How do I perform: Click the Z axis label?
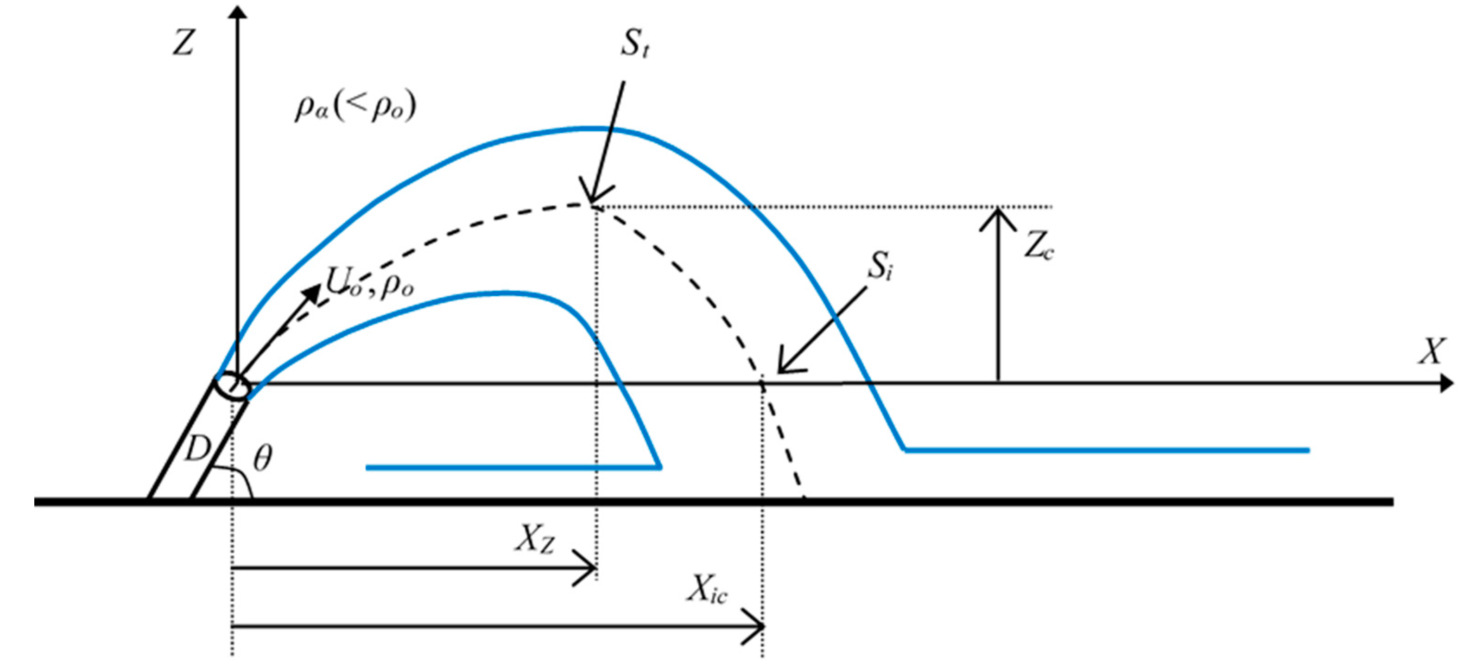(x=184, y=43)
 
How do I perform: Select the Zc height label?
(x=1038, y=247)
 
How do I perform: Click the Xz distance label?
(x=534, y=539)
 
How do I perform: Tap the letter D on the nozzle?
(x=197, y=450)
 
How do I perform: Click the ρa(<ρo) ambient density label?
(x=355, y=106)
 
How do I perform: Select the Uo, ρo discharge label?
(x=369, y=282)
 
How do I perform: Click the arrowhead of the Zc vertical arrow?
(x=998, y=218)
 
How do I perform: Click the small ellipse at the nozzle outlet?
(x=233, y=387)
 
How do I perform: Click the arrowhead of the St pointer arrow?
(x=594, y=196)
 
